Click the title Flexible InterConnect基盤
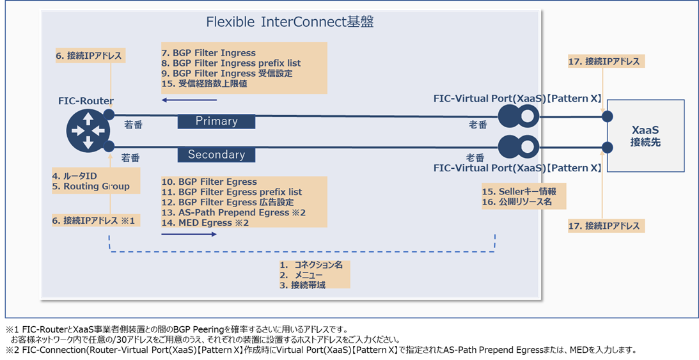pos(290,22)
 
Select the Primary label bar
pos(216,121)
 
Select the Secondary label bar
pos(216,154)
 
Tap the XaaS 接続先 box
pos(645,136)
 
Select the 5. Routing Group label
pos(91,187)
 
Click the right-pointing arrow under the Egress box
pos(189,235)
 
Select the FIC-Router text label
pos(85,101)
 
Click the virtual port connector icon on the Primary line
pos(518,116)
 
